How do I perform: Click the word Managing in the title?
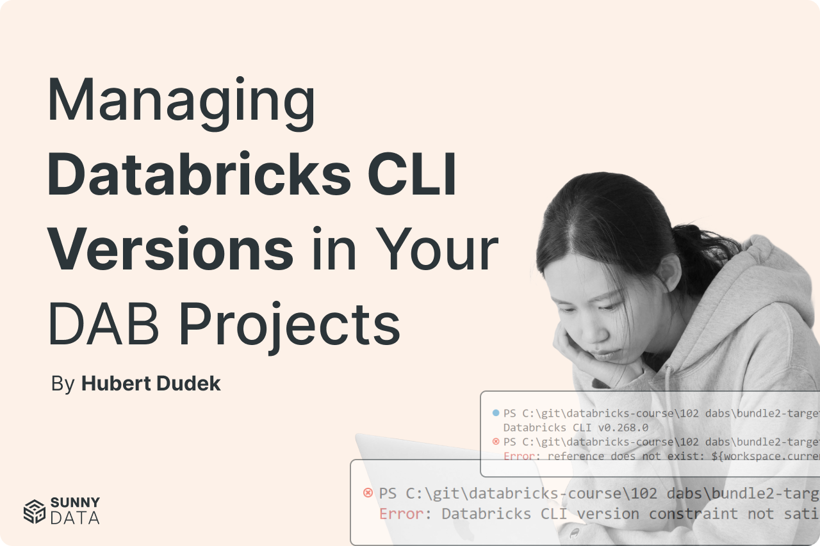click(181, 101)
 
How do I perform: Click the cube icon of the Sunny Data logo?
click(34, 511)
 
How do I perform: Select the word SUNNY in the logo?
click(75, 502)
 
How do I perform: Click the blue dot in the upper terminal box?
click(495, 413)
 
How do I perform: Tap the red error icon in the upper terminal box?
click(495, 442)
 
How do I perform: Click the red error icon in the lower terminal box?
click(368, 493)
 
